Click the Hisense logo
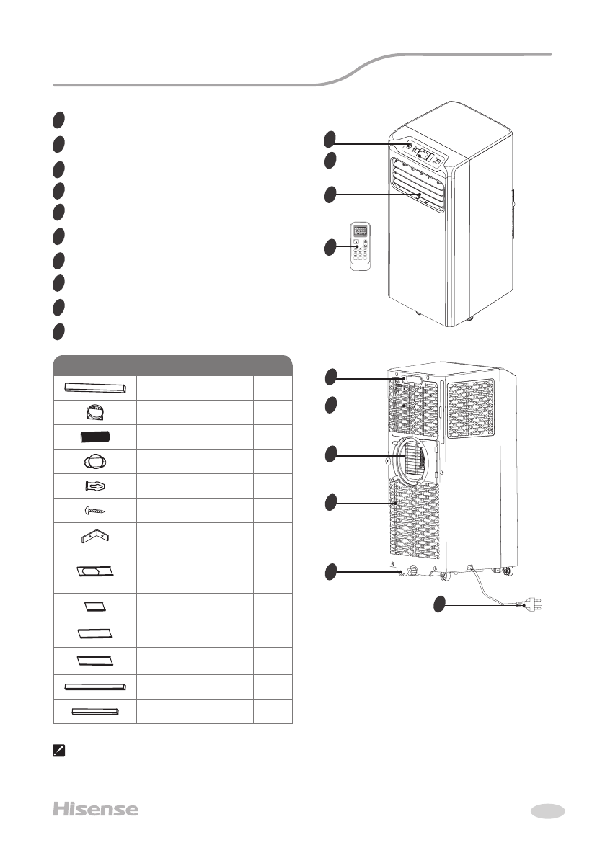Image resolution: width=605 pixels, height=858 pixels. coord(95,809)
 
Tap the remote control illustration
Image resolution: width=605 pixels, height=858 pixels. coord(363,246)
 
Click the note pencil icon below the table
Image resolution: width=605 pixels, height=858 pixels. coord(58,751)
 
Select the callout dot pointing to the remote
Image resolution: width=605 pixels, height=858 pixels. coord(330,247)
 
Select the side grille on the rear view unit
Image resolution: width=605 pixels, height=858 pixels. coord(471,408)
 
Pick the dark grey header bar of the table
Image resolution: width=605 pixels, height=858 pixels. coord(172,365)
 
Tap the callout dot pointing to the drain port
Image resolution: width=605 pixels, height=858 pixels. coord(330,571)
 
